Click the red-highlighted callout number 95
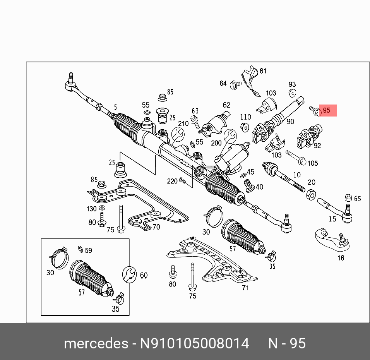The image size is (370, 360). (x=327, y=110)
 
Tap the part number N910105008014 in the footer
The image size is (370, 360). (x=195, y=343)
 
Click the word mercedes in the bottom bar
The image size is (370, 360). (x=96, y=343)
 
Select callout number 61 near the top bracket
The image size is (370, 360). (x=263, y=71)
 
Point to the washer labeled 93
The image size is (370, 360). (x=293, y=93)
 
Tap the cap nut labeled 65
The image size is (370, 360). (x=348, y=197)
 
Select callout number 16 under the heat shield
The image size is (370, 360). (x=341, y=257)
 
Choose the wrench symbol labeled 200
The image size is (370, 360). (x=230, y=135)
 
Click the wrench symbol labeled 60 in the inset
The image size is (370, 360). (x=129, y=275)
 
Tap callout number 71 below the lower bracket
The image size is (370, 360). (x=245, y=288)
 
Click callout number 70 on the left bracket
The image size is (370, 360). (x=156, y=227)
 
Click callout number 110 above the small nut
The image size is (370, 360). (x=245, y=117)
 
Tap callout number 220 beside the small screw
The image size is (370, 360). (x=172, y=181)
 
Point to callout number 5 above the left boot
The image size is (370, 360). (x=115, y=107)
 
